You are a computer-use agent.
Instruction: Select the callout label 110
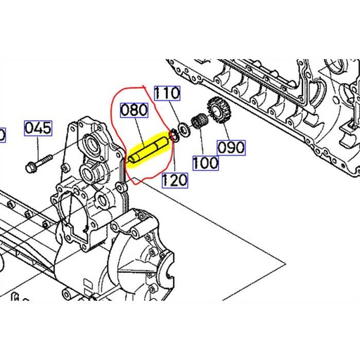(x=167, y=93)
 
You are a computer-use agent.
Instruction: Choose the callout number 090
(x=230, y=148)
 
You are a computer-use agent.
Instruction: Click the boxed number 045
(x=39, y=128)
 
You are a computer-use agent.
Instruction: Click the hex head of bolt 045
(x=30, y=167)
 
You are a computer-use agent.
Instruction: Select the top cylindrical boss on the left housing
(x=91, y=143)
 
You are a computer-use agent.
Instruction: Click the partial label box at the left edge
(x=2, y=134)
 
